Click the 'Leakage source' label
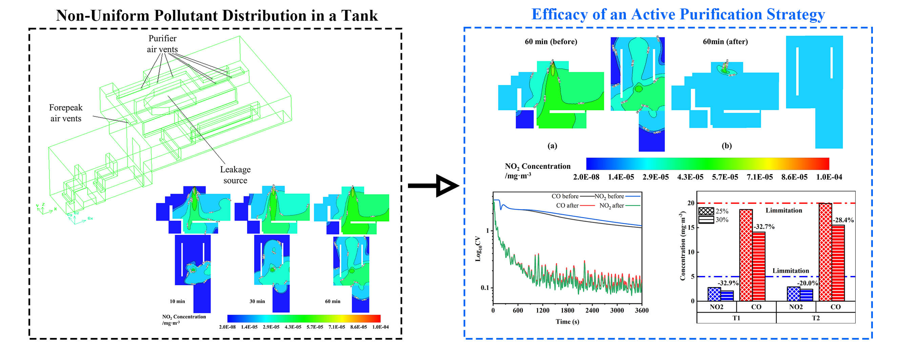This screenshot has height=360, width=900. click(x=235, y=175)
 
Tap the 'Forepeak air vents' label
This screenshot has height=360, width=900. click(x=66, y=113)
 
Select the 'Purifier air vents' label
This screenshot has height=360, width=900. click(x=162, y=44)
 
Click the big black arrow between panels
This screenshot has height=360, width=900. click(x=433, y=185)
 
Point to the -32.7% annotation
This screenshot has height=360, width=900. click(x=764, y=227)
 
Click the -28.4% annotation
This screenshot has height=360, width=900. click(x=843, y=220)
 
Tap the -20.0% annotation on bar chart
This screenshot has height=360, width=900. click(x=807, y=283)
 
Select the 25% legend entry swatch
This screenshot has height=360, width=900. click(x=706, y=211)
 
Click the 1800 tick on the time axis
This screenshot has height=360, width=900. click(x=567, y=311)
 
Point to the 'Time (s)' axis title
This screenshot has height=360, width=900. click(x=567, y=322)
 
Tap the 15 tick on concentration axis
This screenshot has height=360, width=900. click(x=691, y=227)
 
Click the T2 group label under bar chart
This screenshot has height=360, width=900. click(x=815, y=318)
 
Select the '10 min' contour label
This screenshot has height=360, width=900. click(x=177, y=301)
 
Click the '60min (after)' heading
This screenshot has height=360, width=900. click(x=725, y=42)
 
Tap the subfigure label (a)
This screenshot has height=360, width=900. click(x=552, y=146)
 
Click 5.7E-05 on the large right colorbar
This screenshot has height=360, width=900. click(x=724, y=177)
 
